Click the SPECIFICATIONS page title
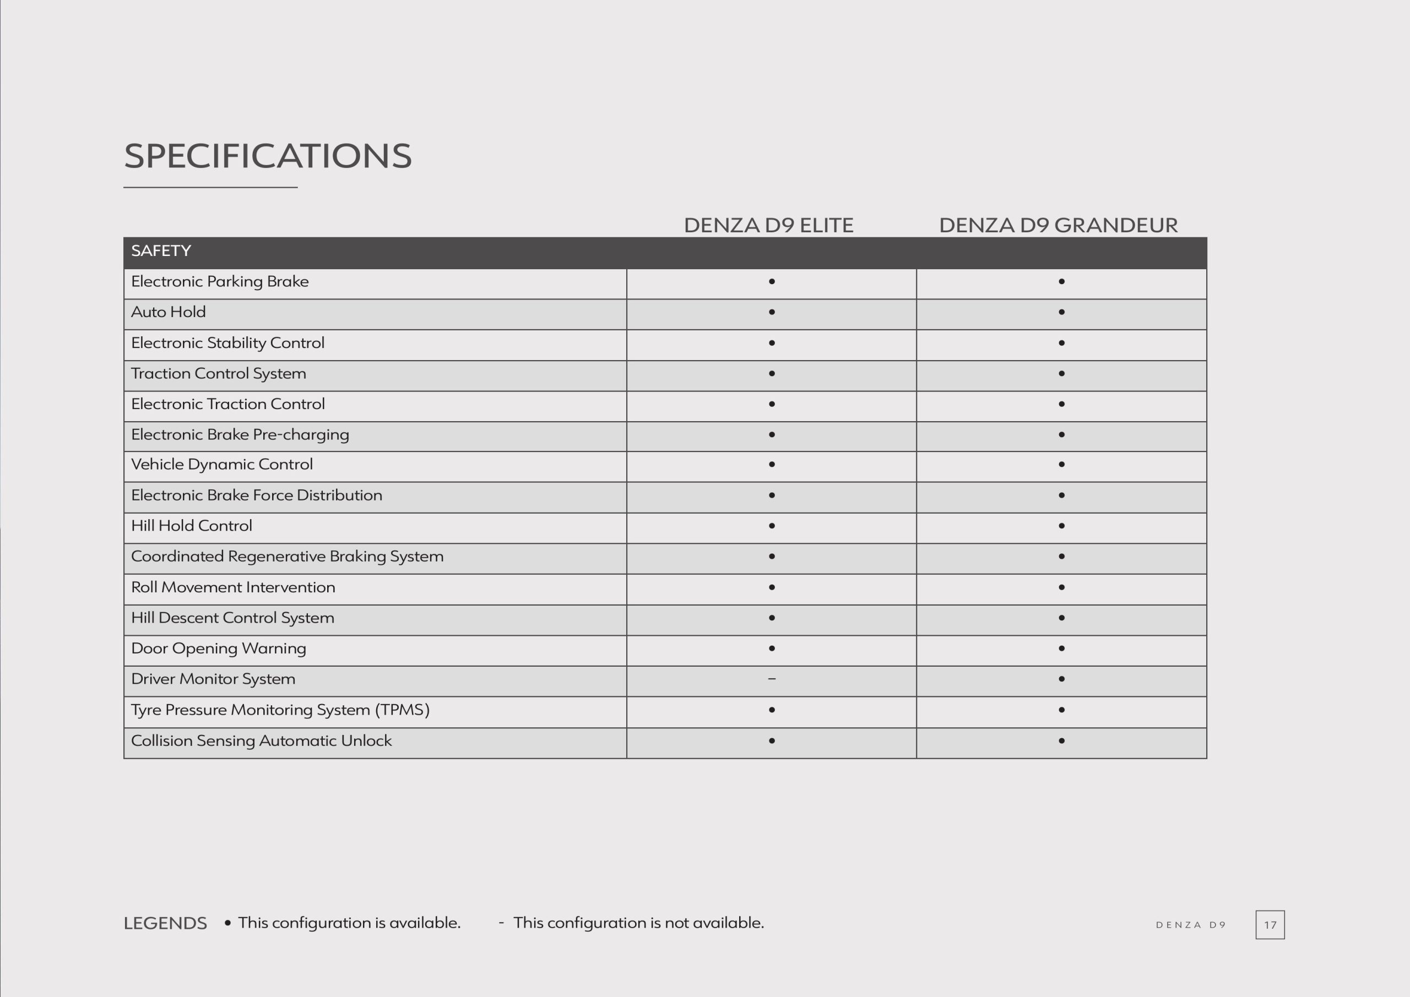[268, 156]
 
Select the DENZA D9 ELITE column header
[768, 225]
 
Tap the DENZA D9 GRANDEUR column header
[1058, 225]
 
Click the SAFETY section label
[161, 251]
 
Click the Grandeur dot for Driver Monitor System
[1061, 679]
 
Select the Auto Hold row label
[169, 312]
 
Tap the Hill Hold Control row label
[192, 526]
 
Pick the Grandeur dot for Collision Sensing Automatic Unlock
[1061, 741]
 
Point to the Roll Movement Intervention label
[234, 587]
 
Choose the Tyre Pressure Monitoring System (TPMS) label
[280, 710]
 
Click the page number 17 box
[1270, 924]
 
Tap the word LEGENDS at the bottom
[165, 923]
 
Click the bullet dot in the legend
[228, 923]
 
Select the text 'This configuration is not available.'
[639, 923]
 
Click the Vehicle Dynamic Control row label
[222, 465]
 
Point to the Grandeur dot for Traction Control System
[1061, 373]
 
